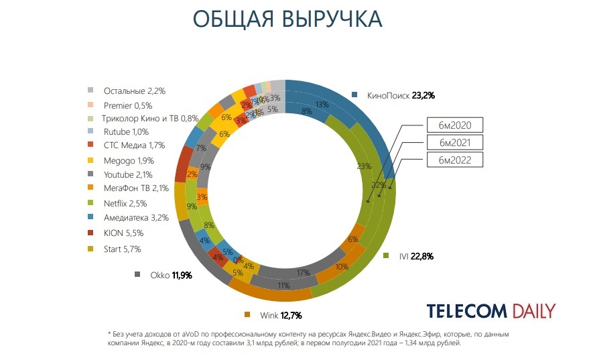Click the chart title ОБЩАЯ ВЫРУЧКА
coord(287,19)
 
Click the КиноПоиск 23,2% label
coord(401,95)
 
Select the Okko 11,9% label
coord(169,275)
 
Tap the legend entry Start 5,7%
coord(122,249)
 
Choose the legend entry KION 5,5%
coord(123,233)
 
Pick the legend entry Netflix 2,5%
coord(125,203)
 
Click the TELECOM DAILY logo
coord(490,311)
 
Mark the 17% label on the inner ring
coord(303,273)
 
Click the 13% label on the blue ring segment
coord(322,105)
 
